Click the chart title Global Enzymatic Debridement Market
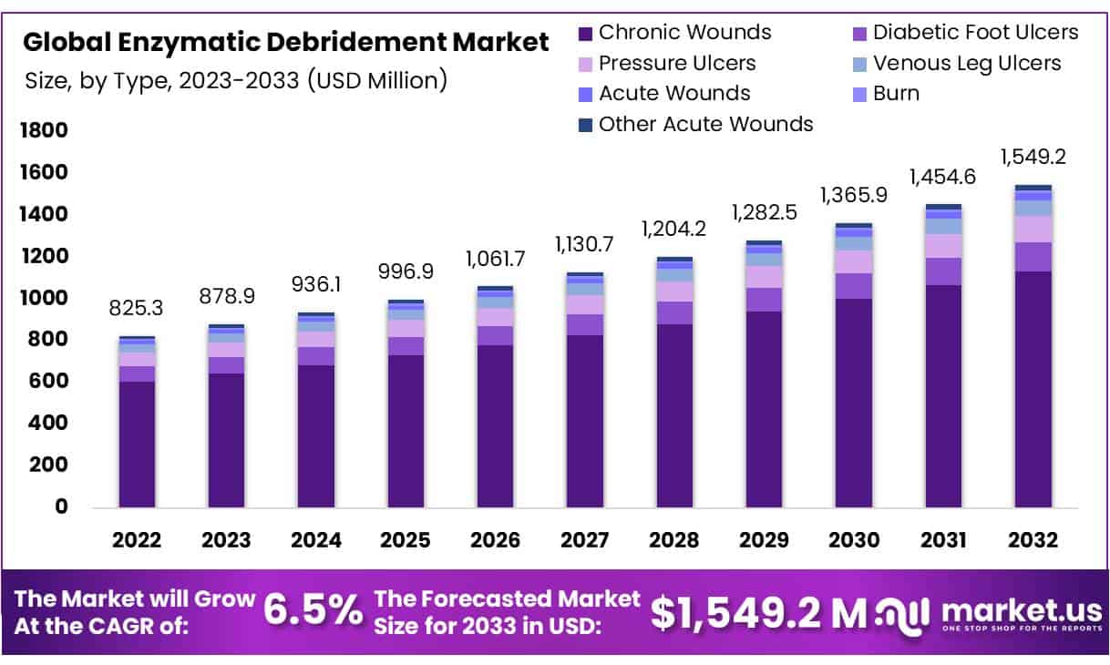coord(286,42)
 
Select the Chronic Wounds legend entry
coord(684,33)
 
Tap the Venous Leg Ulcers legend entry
coord(967,63)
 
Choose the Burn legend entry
coord(896,93)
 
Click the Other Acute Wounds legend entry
coord(705,124)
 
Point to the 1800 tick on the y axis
coord(44,130)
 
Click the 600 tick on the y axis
coord(51,381)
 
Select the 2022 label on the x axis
coord(136,540)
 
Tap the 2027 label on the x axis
coord(584,540)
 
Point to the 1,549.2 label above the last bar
coord(1033,158)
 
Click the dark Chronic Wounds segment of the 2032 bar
coord(1033,392)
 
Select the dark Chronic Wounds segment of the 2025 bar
coord(406,433)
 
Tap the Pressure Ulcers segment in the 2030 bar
coord(854,261)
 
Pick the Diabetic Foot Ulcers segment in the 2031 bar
coord(943,271)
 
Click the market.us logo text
coord(1019,609)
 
